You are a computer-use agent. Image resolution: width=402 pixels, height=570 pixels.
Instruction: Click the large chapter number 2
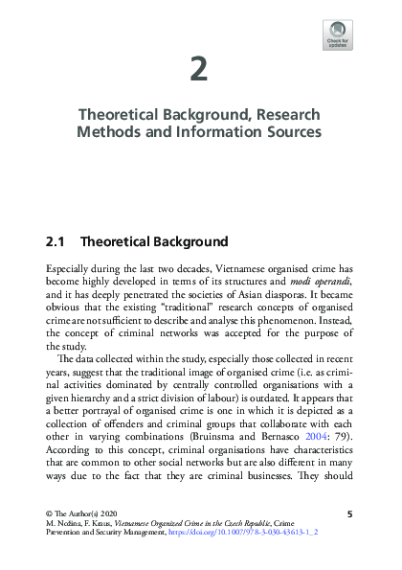coord(199,71)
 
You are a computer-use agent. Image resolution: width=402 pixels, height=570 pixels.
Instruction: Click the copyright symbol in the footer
coord(49,514)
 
